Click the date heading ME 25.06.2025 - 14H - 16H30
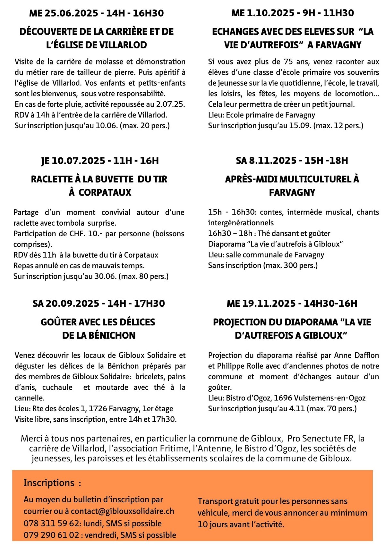96,13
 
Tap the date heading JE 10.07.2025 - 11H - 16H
100,161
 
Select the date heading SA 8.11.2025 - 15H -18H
292,160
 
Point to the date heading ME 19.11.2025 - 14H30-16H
292,303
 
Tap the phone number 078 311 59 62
51,523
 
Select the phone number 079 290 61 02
51,535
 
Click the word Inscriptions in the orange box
49,483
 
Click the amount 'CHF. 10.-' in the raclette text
85,234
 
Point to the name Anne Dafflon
356,355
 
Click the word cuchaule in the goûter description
57,387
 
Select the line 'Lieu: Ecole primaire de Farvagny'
261,115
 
